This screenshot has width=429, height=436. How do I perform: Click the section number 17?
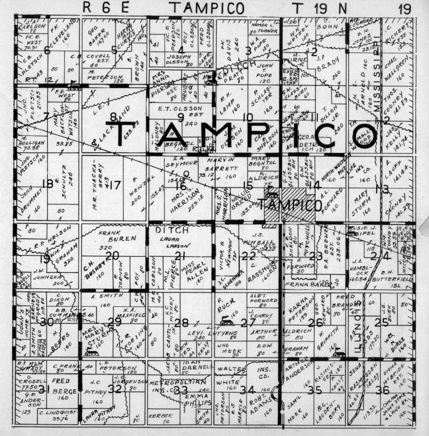(x=115, y=185)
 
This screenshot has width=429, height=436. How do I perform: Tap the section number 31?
(x=45, y=389)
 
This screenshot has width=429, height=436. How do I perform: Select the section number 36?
(x=382, y=390)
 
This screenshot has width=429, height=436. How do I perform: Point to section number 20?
(x=113, y=256)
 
